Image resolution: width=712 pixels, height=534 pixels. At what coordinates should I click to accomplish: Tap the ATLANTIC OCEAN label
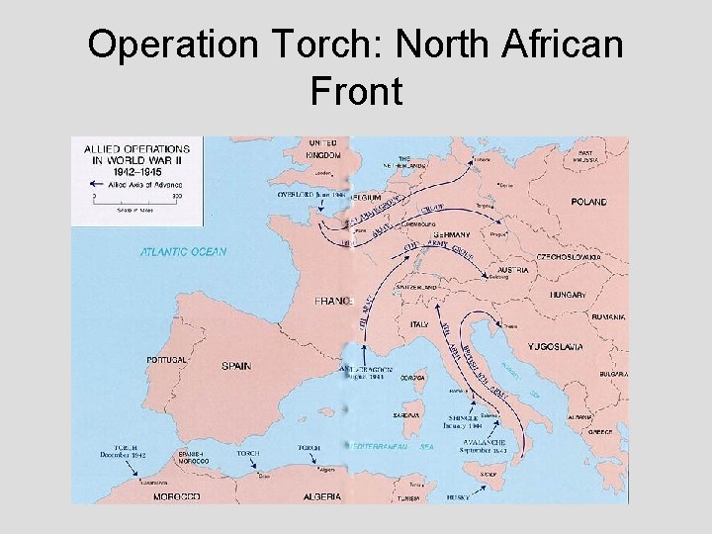click(x=183, y=251)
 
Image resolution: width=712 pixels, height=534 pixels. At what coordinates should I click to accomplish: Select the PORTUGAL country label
click(x=166, y=360)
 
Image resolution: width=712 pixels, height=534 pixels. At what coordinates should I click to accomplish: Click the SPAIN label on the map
click(x=236, y=366)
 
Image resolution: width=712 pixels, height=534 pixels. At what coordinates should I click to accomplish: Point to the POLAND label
click(x=589, y=202)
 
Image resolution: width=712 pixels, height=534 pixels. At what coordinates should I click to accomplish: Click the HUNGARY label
click(x=569, y=295)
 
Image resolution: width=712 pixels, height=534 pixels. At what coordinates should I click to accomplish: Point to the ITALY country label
click(x=419, y=324)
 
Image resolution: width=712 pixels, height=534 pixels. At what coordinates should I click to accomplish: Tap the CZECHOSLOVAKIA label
click(x=569, y=256)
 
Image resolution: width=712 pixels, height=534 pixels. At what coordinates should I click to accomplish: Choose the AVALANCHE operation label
click(x=481, y=441)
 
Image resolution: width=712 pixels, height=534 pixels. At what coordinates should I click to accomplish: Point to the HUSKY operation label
click(x=457, y=497)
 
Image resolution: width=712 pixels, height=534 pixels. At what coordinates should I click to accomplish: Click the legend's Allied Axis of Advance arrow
click(x=101, y=183)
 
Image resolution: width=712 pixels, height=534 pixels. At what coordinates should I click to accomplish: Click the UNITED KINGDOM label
click(x=322, y=149)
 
